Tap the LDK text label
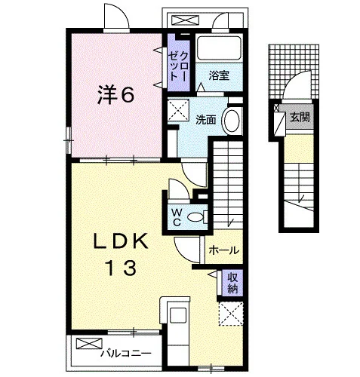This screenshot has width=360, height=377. [120, 241]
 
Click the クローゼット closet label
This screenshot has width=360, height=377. [178, 66]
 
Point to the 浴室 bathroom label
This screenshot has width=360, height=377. [219, 75]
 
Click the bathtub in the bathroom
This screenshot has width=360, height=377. [219, 48]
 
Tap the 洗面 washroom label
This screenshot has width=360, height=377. [206, 120]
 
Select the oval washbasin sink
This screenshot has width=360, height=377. [232, 121]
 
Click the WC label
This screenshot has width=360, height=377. [177, 217]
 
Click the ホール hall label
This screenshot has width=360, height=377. [223, 250]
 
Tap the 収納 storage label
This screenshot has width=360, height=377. [232, 283]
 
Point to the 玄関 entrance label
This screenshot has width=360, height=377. [300, 117]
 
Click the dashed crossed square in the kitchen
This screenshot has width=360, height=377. [231, 314]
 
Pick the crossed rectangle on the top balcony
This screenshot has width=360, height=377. [185, 20]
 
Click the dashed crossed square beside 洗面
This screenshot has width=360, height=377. [178, 110]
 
